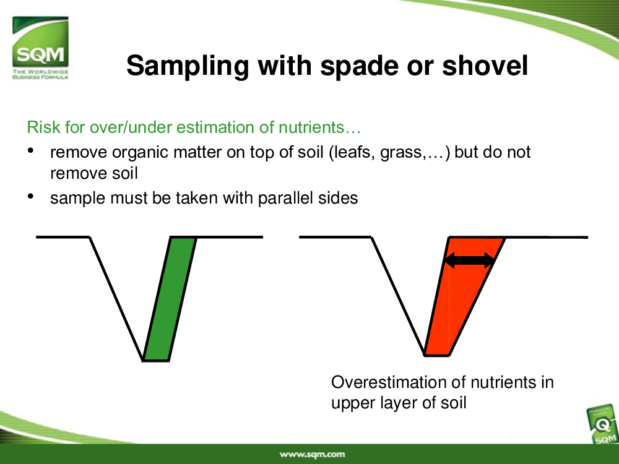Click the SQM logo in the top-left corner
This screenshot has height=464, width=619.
coord(40,48)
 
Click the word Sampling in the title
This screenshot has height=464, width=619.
coord(188,66)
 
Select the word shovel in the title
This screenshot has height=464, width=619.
coord(485,66)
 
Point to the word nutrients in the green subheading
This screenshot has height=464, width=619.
coord(311,127)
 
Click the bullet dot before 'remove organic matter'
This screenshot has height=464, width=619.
coord(30,150)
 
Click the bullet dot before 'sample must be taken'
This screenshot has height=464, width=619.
coord(30,196)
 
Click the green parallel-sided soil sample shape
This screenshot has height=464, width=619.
coord(170,299)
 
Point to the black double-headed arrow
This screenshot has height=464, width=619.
coord(469,260)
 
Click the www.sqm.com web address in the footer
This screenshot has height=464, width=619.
coord(312,454)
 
